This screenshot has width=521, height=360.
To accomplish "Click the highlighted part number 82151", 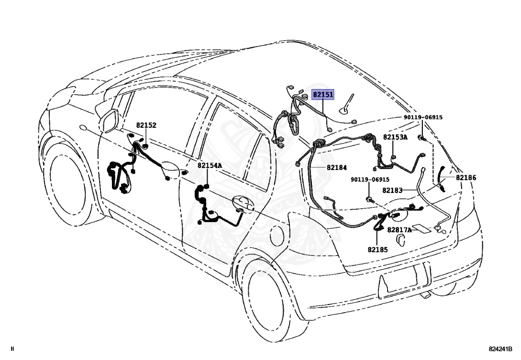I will point(323,95).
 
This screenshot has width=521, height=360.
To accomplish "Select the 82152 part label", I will point(146,125).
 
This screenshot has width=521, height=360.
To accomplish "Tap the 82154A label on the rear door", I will point(210,165).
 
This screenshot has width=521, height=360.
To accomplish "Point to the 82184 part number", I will point(337,167).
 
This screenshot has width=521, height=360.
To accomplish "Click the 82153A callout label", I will point(395,137).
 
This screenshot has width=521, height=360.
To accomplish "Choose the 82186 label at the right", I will point(466,177).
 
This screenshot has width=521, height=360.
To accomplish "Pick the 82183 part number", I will point(392,190).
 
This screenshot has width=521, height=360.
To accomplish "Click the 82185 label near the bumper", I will point(378,250).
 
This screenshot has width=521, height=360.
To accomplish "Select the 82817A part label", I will point(399,230).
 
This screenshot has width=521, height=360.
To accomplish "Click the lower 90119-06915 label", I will point(370,180).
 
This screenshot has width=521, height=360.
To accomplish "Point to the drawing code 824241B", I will point(500,349).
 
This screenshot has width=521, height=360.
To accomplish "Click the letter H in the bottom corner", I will point(13,349).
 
